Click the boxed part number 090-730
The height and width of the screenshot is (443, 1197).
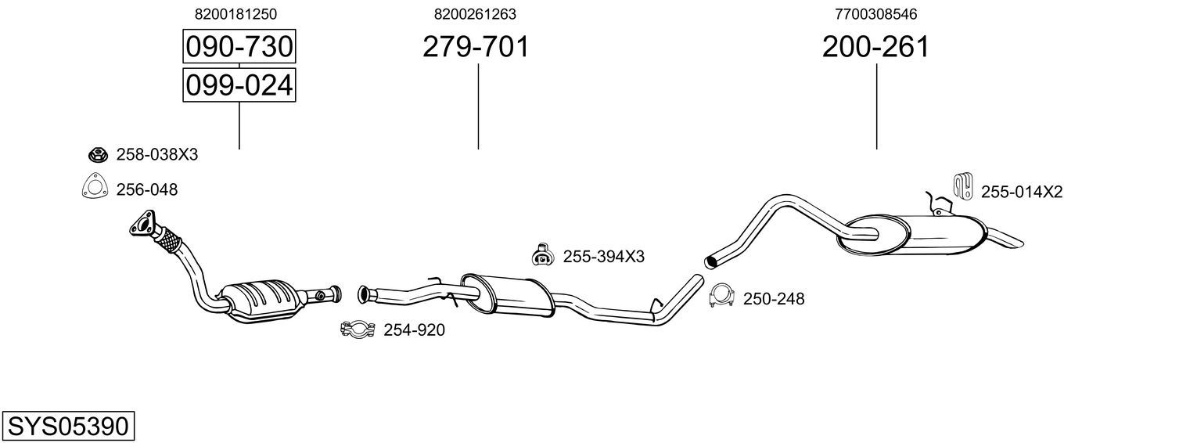[239, 46]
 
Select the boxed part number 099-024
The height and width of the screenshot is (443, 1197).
[239, 85]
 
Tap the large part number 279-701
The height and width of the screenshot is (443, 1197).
[476, 46]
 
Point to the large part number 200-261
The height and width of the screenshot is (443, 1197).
[875, 46]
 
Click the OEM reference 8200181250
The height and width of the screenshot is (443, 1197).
[235, 14]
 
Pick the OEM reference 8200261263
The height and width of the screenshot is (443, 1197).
[475, 14]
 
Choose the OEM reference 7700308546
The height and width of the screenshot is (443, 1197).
[875, 14]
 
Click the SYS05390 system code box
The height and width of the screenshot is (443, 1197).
[68, 426]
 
